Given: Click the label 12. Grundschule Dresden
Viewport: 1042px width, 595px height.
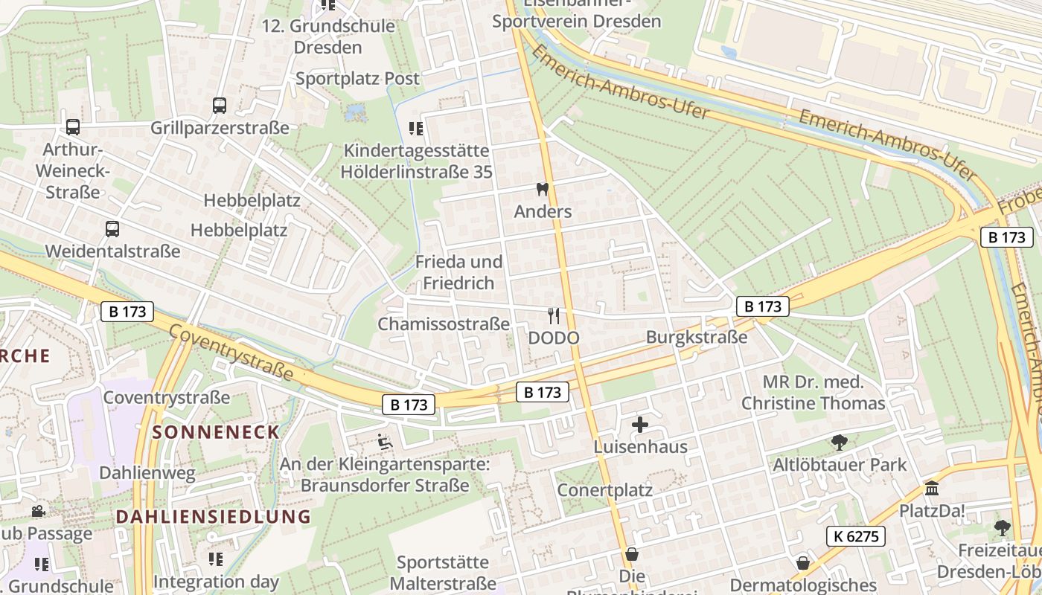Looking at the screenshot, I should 328,36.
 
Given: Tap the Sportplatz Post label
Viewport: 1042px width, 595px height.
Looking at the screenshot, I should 357,78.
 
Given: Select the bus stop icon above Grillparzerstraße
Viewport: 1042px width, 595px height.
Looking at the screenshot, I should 220,106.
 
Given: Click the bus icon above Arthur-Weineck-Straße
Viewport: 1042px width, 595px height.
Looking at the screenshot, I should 73,127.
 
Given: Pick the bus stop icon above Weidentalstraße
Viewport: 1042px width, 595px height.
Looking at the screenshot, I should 112,229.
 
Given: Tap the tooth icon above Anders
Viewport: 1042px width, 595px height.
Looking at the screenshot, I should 543,190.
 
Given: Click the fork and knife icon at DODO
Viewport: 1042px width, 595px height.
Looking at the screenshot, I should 553,316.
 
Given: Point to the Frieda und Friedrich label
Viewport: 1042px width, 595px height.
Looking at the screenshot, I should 458,272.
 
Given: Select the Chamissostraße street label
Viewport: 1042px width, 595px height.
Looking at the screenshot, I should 444,324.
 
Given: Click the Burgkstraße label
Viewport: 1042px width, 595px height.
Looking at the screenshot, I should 697,337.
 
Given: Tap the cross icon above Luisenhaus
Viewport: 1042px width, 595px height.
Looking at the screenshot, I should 640,425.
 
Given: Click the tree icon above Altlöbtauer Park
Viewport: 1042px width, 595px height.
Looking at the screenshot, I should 840,443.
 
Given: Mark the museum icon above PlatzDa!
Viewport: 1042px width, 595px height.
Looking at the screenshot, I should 931,489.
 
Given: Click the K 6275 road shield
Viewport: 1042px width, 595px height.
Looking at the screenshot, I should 855,536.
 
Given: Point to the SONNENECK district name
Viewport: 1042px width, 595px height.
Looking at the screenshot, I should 216,432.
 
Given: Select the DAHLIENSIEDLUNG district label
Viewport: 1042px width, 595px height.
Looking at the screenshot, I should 213,516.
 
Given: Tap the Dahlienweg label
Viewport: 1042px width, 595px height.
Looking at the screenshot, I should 147,472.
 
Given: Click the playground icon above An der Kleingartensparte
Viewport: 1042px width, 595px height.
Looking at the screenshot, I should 385,443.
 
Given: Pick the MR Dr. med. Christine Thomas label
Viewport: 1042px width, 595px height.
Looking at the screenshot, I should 813,393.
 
